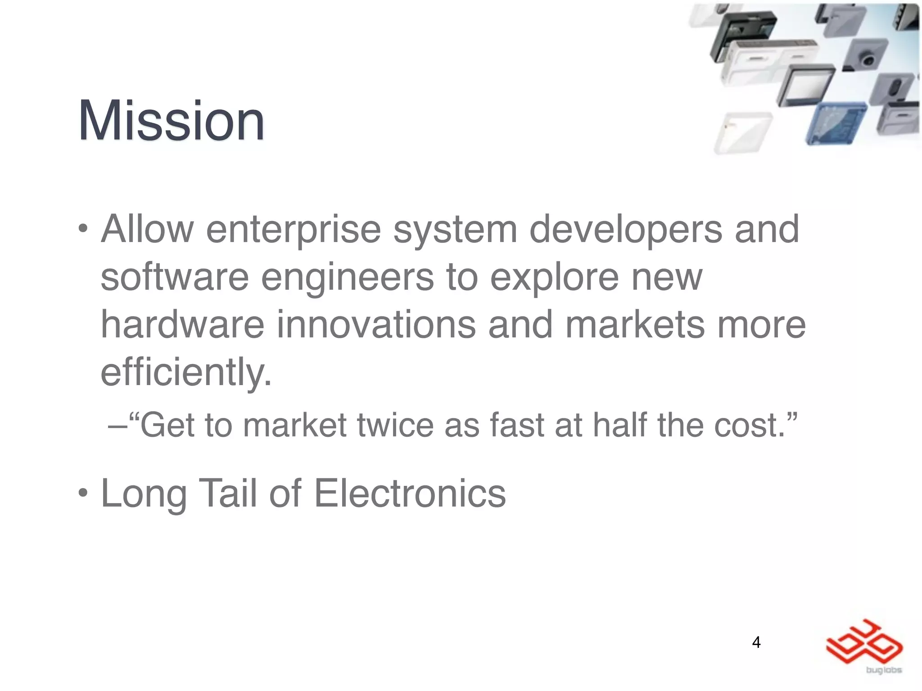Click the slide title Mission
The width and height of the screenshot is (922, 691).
(171, 121)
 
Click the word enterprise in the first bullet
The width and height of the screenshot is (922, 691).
(294, 229)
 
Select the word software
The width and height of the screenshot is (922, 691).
(175, 277)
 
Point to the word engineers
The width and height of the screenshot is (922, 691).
(348, 278)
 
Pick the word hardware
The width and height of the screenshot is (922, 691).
(182, 325)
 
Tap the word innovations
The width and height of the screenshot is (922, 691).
(376, 325)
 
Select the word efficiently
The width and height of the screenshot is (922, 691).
(185, 372)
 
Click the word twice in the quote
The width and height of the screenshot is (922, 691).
(395, 425)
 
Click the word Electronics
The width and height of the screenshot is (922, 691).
(410, 494)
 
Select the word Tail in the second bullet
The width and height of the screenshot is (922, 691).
(228, 494)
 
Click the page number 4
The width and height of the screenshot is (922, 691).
(756, 642)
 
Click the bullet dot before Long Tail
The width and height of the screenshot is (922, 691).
(83, 494)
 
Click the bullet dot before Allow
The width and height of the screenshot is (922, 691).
(83, 230)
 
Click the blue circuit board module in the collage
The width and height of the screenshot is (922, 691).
(836, 123)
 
